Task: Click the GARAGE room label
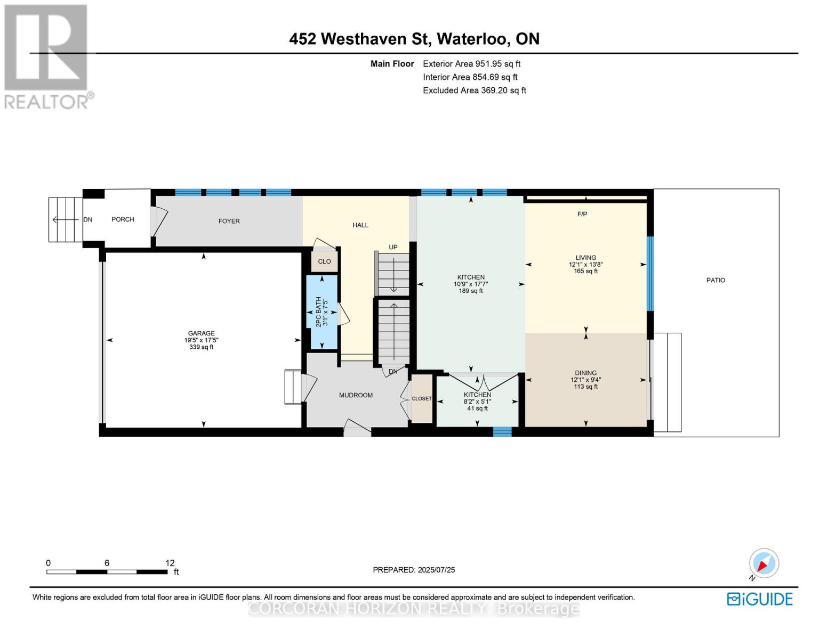[201, 333]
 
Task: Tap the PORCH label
[123, 219]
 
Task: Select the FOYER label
[229, 221]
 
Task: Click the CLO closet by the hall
[324, 261]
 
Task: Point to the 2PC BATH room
[321, 312]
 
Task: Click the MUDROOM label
[356, 395]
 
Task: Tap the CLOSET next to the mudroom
[422, 399]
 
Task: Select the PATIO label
[716, 280]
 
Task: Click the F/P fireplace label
[582, 214]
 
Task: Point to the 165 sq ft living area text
[585, 271]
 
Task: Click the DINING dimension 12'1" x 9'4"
[585, 380]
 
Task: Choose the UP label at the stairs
[393, 247]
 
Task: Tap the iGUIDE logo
[760, 599]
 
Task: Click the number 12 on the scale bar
[170, 563]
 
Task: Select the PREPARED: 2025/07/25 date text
[414, 570]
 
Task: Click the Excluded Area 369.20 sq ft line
[474, 91]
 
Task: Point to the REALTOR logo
[47, 56]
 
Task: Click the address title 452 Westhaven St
[414, 39]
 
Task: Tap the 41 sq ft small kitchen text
[477, 408]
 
